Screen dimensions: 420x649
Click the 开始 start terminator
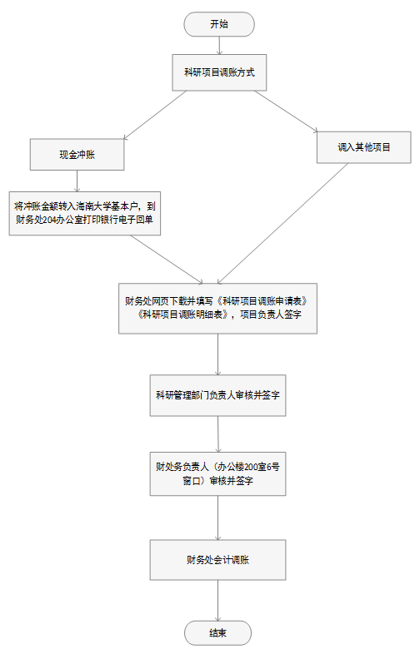point(219,24)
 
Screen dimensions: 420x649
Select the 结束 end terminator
point(217,633)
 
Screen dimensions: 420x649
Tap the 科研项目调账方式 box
point(219,72)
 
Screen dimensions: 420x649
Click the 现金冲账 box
point(77,155)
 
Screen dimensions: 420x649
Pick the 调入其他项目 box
point(364,147)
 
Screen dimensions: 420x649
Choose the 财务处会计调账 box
point(217,560)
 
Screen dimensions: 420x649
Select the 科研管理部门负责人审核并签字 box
point(217,395)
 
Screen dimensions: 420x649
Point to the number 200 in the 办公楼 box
point(251,467)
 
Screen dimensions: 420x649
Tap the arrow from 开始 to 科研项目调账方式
point(219,46)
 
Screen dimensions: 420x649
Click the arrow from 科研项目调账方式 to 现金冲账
point(155,115)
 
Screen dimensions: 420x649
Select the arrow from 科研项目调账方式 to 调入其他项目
point(286,111)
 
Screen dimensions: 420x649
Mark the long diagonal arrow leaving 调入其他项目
point(282,224)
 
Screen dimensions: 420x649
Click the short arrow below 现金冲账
point(77,181)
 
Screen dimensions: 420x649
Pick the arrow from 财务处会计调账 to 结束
point(217,601)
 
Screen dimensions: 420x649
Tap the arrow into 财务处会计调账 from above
point(217,518)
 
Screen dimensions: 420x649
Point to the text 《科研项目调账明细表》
point(182,315)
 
